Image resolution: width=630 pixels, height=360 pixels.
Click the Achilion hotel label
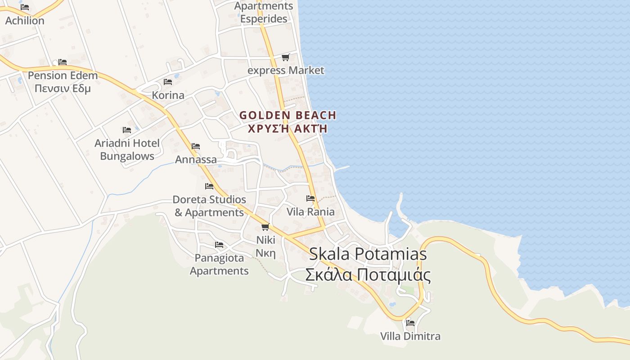25,21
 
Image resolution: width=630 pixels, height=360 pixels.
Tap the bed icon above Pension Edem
63,62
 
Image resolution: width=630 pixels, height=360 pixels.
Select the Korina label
168,95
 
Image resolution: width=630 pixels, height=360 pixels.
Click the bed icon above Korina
168,82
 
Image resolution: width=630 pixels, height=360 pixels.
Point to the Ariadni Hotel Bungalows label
127,150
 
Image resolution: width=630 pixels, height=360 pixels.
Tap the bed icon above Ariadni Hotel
127,130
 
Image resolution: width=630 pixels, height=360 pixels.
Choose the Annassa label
196,159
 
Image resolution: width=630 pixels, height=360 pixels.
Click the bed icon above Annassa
196,146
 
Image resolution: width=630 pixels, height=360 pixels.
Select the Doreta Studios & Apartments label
209,206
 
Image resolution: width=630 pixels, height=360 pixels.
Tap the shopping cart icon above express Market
285,57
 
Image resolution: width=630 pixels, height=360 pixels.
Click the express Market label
286,70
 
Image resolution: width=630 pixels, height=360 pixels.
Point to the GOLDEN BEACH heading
288,115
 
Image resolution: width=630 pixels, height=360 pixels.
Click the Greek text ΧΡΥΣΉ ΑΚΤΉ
288,129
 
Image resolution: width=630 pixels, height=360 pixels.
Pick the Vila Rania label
310,211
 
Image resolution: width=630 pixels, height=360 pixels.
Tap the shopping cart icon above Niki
265,227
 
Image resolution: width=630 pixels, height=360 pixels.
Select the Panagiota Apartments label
219,264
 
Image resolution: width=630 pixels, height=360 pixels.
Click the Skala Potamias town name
368,254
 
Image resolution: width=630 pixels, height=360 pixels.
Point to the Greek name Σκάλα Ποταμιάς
368,274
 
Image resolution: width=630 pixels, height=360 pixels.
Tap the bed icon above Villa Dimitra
410,323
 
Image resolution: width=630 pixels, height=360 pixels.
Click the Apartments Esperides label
264,12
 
